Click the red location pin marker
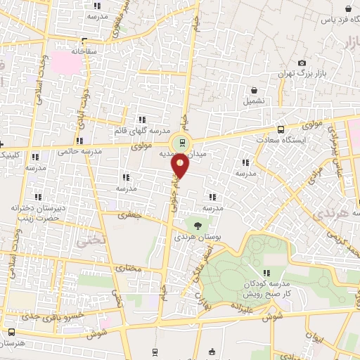[181, 167]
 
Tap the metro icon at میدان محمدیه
[182, 143]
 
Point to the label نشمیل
[255, 101]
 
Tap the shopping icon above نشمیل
[255, 90]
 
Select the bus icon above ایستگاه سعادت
[281, 130]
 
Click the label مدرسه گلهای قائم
[141, 131]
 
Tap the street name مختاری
[128, 268]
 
